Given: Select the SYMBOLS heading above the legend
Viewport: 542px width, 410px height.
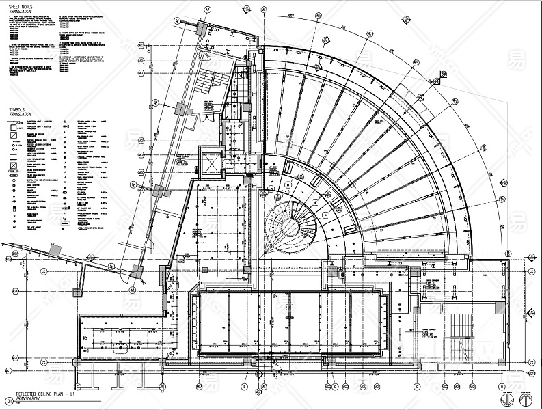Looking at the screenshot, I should point(16,109).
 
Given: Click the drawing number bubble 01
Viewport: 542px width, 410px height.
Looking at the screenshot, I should point(8,401).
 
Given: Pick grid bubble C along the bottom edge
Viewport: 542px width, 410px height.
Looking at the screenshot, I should point(417,387).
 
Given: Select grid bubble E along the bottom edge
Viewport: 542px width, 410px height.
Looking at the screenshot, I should point(244,387).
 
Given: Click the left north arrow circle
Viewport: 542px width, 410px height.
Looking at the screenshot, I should point(507,399).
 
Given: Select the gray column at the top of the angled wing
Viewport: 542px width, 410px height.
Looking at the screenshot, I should point(201,28).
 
